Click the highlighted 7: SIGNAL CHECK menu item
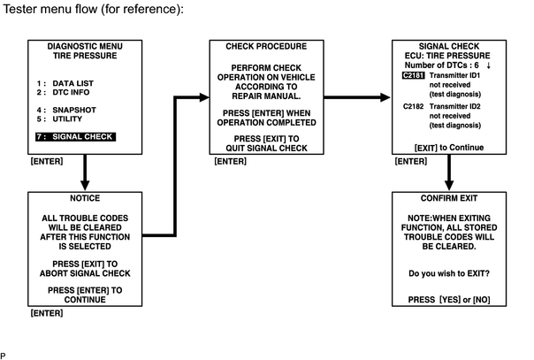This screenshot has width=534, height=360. [76, 137]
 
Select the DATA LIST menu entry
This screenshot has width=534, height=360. [72, 83]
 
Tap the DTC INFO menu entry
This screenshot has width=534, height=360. [71, 92]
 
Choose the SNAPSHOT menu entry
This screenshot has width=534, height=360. [74, 110]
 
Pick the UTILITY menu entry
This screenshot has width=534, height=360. [67, 119]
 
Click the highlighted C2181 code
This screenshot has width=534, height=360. [413, 75]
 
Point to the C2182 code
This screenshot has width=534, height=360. [413, 107]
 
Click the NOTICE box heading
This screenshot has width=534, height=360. [85, 198]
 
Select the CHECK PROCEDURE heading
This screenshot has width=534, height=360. [266, 46]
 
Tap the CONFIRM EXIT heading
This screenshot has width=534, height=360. [449, 198]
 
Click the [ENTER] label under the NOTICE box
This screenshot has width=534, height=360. [47, 313]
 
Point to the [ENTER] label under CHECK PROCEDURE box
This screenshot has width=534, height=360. [230, 161]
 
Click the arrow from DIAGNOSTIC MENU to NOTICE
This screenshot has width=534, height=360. [85, 172]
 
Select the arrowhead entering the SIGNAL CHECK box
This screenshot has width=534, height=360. [385, 97]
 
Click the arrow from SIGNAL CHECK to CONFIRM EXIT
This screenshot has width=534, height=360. [449, 172]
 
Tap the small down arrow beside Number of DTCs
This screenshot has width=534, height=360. [489, 65]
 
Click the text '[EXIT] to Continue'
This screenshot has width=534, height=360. [449, 148]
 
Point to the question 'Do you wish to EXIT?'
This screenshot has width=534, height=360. [449, 273]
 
